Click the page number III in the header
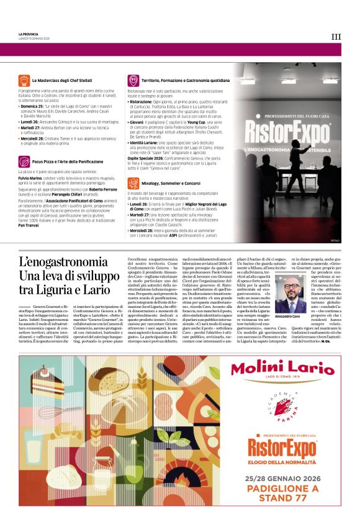point(336,37)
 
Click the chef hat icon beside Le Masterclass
point(24,81)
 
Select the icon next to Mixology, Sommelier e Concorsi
point(133,183)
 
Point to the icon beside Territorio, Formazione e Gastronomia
point(133,81)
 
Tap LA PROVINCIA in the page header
point(29,34)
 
